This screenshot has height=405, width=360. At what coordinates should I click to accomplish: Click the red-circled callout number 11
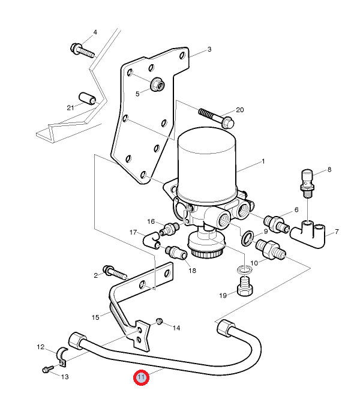point(141,378)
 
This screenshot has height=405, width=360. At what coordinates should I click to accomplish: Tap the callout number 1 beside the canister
point(262,161)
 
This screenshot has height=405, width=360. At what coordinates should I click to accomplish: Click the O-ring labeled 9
point(247,238)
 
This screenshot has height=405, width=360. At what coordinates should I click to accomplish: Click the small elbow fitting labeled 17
point(151,239)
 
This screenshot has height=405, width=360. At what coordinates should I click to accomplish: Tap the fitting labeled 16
point(170,229)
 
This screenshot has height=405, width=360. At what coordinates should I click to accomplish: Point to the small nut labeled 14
point(159,322)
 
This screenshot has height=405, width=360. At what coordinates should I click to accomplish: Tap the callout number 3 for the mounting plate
point(209,50)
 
